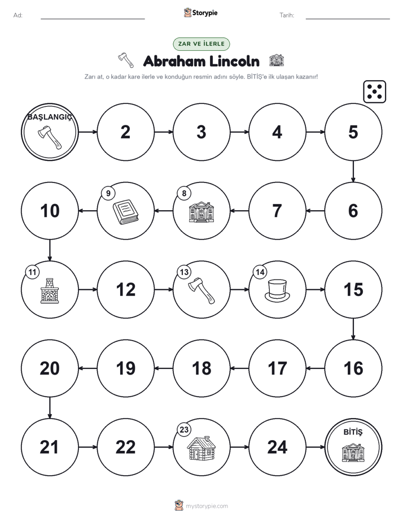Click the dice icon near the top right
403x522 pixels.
(374, 91)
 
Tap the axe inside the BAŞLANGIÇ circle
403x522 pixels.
(50, 137)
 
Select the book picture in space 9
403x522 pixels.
(125, 211)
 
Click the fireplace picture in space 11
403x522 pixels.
(50, 290)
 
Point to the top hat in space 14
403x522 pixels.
(277, 290)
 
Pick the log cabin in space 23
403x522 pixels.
(201, 448)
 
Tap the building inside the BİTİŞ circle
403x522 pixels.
(353, 453)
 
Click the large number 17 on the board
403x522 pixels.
(277, 368)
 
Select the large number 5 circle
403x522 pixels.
(353, 132)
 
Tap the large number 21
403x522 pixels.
(49, 447)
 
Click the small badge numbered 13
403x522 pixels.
(184, 272)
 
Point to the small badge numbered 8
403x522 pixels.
(184, 193)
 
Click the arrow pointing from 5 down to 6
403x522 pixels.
(353, 171)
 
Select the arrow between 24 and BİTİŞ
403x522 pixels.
(315, 447)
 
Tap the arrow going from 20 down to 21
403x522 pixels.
(50, 408)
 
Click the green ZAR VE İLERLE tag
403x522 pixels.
(201, 44)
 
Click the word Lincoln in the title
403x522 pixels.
(234, 61)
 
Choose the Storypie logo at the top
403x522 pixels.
(200, 12)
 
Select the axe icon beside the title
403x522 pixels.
(126, 60)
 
